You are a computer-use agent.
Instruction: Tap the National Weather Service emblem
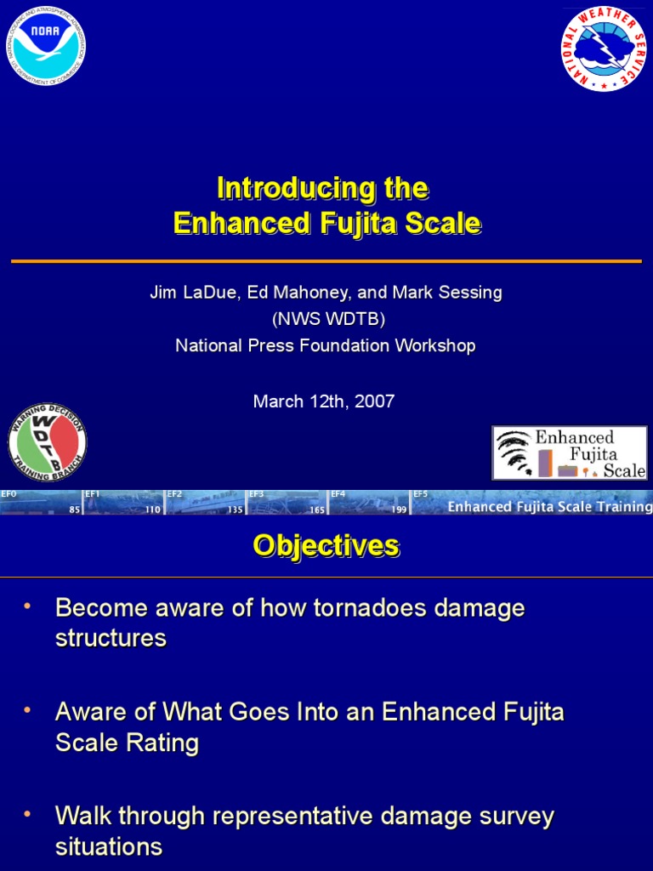(604, 48)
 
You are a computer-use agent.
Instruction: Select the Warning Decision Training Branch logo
(47, 441)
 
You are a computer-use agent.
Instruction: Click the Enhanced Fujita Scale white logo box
(570, 453)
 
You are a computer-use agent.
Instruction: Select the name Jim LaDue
(194, 293)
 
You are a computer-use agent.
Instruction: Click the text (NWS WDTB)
(328, 319)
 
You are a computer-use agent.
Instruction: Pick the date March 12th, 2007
(324, 401)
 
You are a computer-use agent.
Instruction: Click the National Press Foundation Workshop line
(326, 345)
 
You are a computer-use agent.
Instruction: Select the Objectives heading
(326, 546)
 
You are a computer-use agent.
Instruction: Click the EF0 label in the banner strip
(9, 494)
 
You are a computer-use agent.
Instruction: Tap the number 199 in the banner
(399, 510)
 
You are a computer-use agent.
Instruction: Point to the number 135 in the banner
(235, 510)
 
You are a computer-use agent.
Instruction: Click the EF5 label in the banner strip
(420, 494)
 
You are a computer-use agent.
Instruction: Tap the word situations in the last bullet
(108, 846)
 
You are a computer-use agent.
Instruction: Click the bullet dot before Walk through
(27, 815)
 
